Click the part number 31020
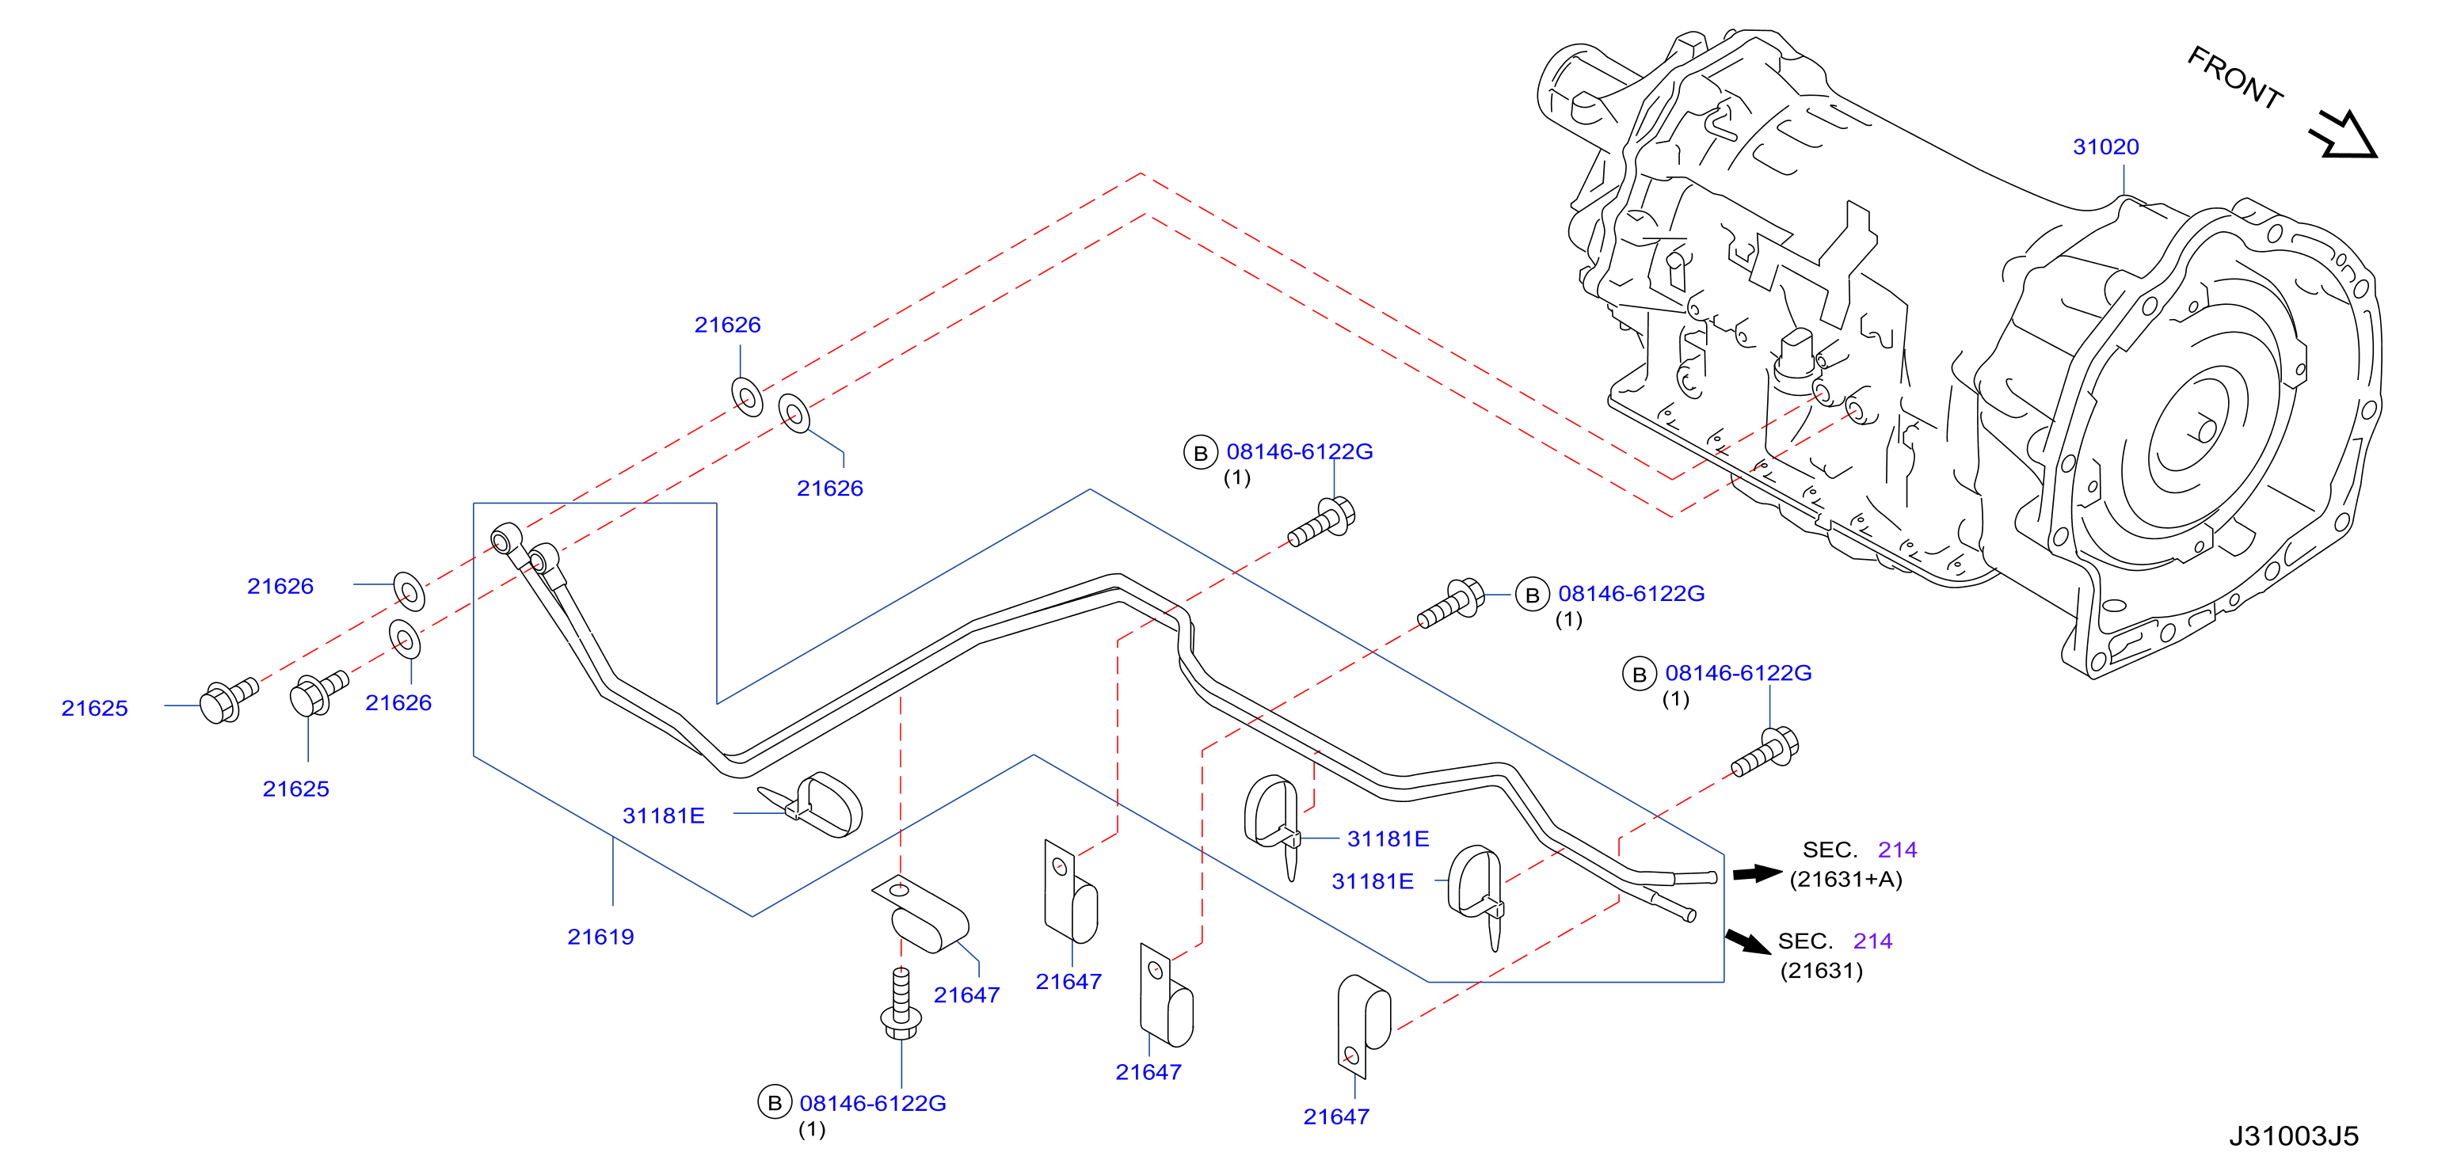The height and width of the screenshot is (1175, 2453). click(2105, 146)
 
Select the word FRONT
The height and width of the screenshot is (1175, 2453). click(2234, 77)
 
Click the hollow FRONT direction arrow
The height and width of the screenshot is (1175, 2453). click(2344, 135)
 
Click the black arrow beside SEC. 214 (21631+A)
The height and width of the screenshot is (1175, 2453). click(1757, 873)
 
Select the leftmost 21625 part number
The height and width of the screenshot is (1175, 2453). click(94, 708)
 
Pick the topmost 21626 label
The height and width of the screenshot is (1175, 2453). click(728, 325)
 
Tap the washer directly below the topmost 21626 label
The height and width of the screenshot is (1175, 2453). click(747, 396)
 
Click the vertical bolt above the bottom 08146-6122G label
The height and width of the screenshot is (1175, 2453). click(901, 1005)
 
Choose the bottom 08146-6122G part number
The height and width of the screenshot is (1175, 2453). click(872, 1103)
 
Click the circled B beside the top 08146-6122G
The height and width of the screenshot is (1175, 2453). click(1201, 453)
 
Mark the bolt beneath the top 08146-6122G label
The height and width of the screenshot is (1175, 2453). click(1322, 522)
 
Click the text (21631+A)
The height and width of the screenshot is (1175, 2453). click(1845, 879)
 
